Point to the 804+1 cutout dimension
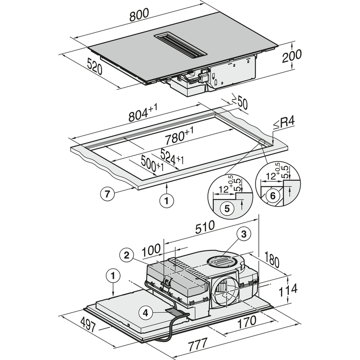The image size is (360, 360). (x=144, y=114)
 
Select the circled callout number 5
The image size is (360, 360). (x=227, y=208)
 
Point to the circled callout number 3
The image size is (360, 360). (x=243, y=234)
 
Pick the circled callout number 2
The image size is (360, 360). (x=127, y=255)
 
